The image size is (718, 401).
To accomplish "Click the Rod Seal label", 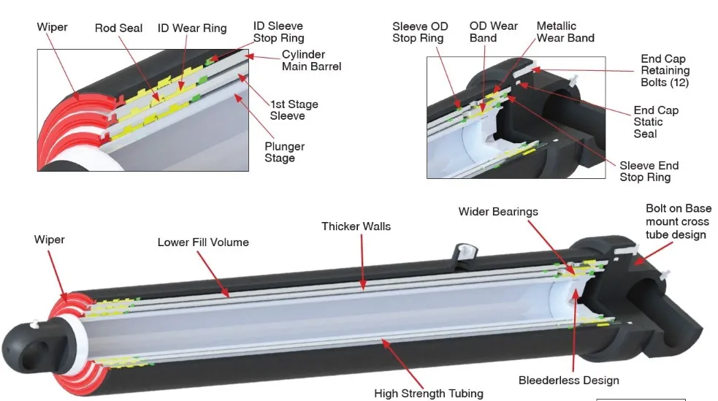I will (x=119, y=28).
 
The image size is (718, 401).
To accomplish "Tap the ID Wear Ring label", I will (x=192, y=28).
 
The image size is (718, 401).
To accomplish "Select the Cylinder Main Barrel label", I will (x=311, y=61).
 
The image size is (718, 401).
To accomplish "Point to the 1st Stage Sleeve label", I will (x=294, y=110).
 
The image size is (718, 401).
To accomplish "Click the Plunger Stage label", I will (x=284, y=152).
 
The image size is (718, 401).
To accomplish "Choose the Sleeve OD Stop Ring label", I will (x=420, y=32).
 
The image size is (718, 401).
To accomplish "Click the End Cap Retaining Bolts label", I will (x=664, y=71).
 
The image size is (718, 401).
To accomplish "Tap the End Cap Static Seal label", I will (x=655, y=122).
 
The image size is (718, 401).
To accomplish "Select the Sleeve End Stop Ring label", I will (x=649, y=171).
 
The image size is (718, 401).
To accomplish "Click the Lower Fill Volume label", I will (x=203, y=242).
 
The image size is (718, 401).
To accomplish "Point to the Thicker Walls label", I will (x=356, y=226).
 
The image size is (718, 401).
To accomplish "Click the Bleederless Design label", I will (x=568, y=380).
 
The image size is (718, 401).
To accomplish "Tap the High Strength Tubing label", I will (x=428, y=393).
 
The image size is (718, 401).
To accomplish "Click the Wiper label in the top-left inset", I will (x=52, y=27).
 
